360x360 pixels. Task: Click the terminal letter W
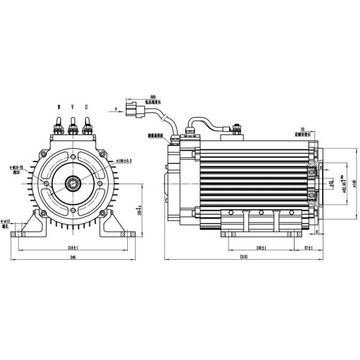pos(59,106)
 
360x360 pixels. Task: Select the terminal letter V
pos(73,106)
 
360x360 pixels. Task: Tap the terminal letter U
pos(86,106)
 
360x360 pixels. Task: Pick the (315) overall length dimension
pos(244,257)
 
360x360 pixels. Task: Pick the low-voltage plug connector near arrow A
pos(133,110)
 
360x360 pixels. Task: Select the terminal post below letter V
pos(73,128)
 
